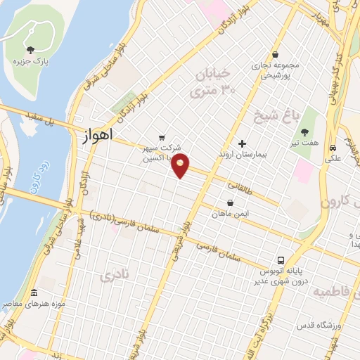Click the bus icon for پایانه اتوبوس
point(281,259)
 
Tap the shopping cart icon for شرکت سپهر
point(162,138)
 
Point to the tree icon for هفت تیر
point(304,131)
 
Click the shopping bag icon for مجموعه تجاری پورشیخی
point(274,54)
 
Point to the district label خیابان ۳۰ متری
point(214,82)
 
